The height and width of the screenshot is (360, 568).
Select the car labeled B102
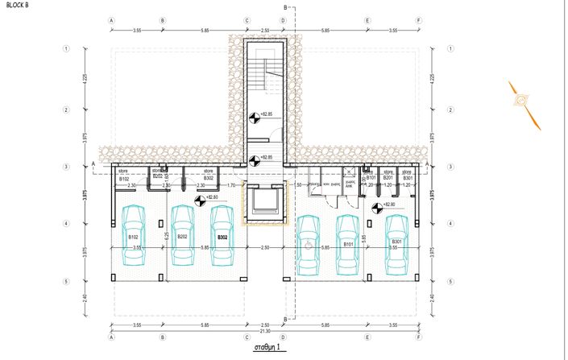(x=134, y=235)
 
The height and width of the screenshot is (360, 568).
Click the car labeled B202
(x=182, y=235)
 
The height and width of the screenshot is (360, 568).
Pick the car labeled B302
(x=222, y=235)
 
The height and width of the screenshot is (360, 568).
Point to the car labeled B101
(x=348, y=244)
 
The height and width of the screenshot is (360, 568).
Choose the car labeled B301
(x=396, y=244)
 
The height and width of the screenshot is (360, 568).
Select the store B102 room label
(x=124, y=175)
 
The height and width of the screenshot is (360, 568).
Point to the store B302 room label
(x=208, y=175)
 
